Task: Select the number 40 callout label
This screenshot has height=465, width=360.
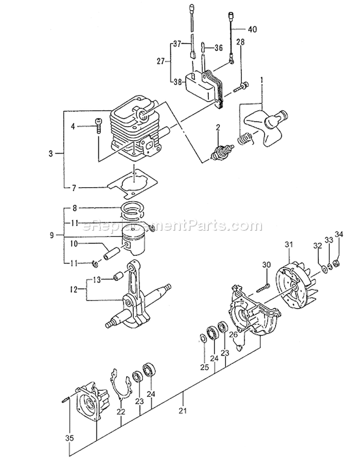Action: coord(252,29)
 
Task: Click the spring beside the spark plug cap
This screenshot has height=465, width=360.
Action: coord(245,139)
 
